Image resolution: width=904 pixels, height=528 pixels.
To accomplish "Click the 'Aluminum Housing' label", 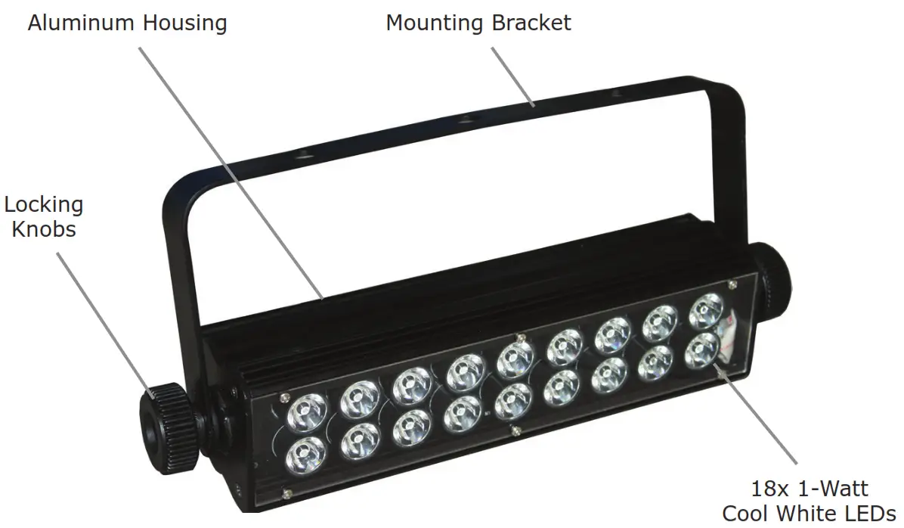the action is point(127,23).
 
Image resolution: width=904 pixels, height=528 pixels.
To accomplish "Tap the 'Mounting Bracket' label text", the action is point(478,23).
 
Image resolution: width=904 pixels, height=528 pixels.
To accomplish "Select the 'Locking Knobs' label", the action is point(43,216).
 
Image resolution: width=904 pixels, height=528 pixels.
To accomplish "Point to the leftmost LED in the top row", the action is point(308,414).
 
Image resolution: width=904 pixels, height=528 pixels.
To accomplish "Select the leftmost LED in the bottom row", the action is point(307,455).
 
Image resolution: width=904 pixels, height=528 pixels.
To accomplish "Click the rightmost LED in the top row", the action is point(707,309).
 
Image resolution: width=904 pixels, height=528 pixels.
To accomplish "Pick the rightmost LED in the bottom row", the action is point(702,349).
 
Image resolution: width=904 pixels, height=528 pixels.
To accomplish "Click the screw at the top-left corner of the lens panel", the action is point(283,394).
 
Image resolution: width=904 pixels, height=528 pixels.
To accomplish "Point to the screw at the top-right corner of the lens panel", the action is point(732,284).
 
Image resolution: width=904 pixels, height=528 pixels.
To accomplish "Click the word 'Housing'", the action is point(187,23).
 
